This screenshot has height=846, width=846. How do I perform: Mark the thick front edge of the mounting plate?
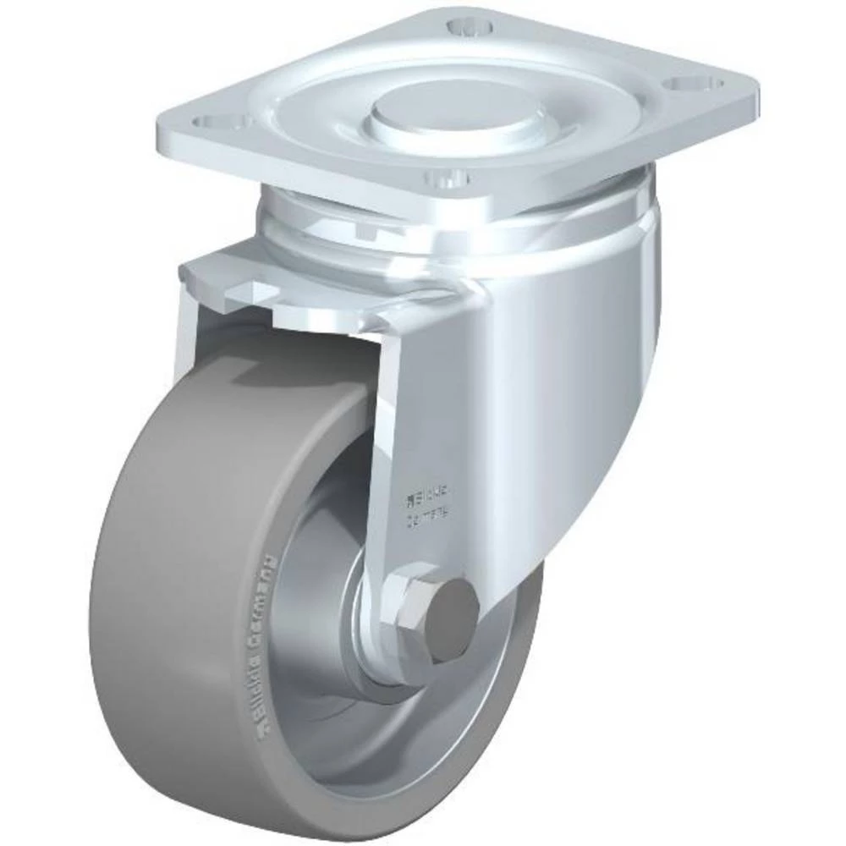pyautogui.click(x=338, y=169)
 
